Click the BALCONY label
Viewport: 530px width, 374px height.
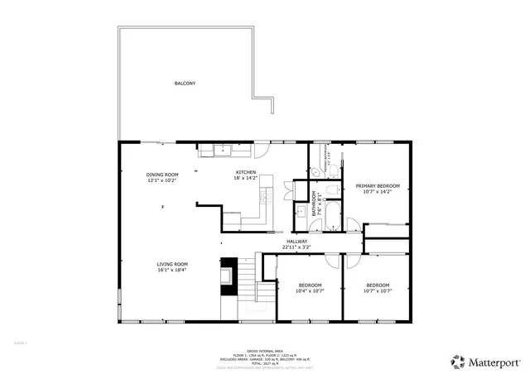pyautogui.click(x=185, y=84)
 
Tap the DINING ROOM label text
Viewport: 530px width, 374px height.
pyautogui.click(x=162, y=175)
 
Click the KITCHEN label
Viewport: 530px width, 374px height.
pyautogui.click(x=246, y=172)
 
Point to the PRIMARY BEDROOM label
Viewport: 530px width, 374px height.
pyautogui.click(x=377, y=186)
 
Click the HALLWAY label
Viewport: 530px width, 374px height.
pyautogui.click(x=296, y=242)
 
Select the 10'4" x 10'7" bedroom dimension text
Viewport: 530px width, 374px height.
pyautogui.click(x=310, y=290)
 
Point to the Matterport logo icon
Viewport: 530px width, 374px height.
pyautogui.click(x=456, y=361)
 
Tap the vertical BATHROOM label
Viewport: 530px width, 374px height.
pyautogui.click(x=314, y=204)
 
